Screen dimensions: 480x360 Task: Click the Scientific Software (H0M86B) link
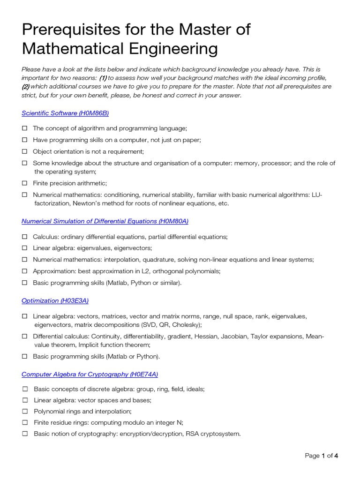[65, 113]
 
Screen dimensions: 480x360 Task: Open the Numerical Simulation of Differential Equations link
[105, 221]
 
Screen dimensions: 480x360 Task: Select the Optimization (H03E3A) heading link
[55, 300]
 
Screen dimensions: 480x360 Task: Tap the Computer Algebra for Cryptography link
[90, 374]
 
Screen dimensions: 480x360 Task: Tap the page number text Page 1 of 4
[321, 456]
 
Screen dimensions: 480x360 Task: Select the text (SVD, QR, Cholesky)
[171, 324]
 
